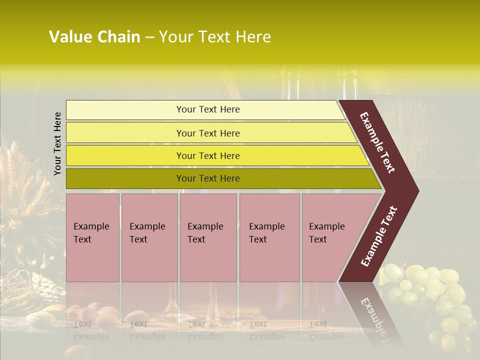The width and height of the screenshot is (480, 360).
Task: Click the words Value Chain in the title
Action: click(94, 37)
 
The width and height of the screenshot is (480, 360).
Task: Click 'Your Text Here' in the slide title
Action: click(215, 37)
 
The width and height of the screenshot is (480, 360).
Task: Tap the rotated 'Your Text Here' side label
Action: click(57, 143)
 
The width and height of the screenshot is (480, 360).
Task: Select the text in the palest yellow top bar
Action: click(208, 109)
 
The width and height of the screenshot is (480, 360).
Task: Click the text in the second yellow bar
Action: click(208, 133)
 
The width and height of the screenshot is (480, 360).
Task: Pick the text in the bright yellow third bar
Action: click(208, 155)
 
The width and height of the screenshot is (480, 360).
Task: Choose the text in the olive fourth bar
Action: click(208, 178)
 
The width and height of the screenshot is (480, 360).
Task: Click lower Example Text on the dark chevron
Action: click(379, 236)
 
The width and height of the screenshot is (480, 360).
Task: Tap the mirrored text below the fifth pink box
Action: click(326, 330)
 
